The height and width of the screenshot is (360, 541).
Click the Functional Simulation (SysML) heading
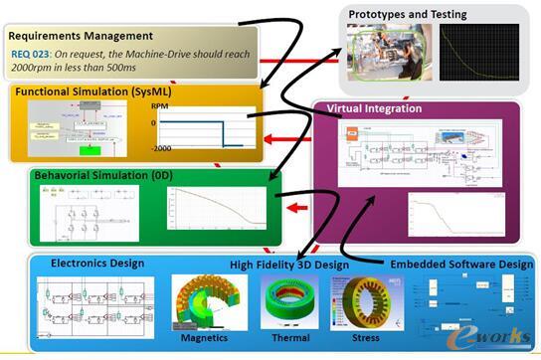click(x=83, y=91)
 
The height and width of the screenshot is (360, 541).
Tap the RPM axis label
click(x=157, y=104)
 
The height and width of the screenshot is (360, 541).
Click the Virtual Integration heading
click(x=373, y=108)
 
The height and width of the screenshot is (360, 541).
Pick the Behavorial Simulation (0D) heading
click(x=95, y=175)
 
